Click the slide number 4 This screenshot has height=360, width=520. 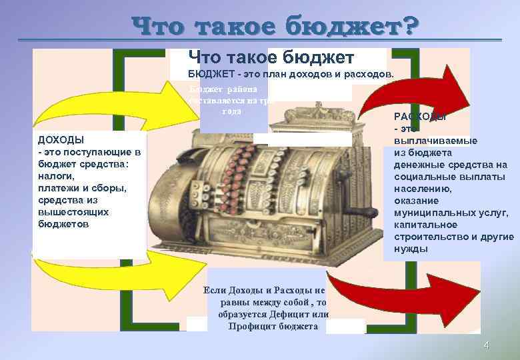point(486,345)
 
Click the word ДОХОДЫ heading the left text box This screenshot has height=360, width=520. point(61,140)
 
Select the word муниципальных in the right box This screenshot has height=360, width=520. point(433,213)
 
